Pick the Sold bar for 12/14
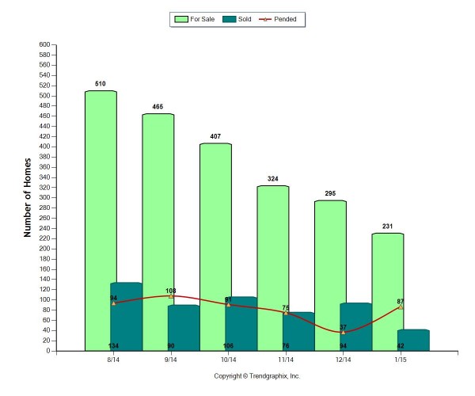pos(355,326)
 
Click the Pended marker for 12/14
pos(344,332)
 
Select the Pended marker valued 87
pos(401,307)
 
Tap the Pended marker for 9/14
pos(172,296)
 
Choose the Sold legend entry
pos(237,19)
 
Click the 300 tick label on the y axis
pos(44,198)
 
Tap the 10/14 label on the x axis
pos(229,360)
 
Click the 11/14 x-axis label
pos(286,360)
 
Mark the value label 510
pos(101,82)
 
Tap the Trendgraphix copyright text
pos(257,376)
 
